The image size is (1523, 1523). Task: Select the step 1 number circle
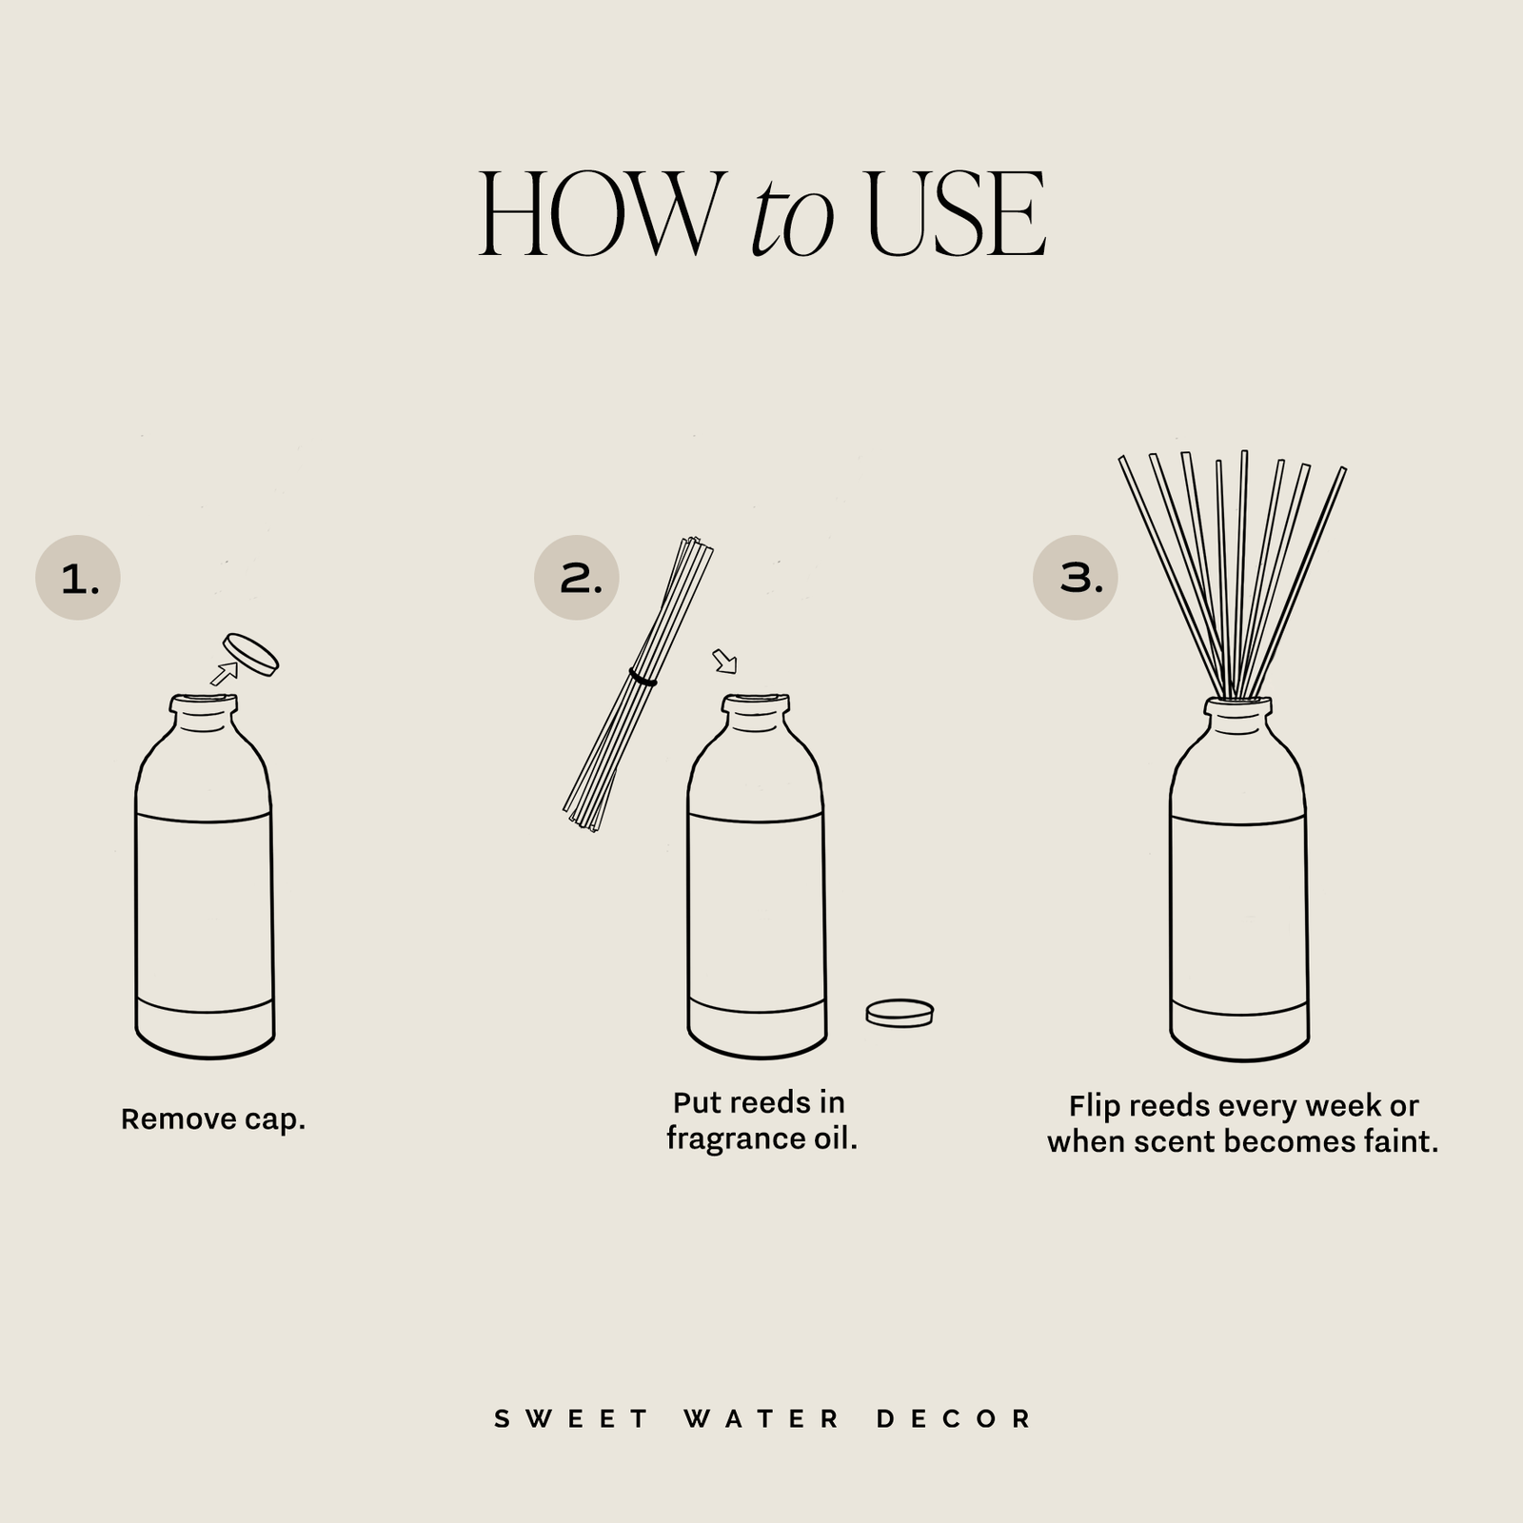coord(78,578)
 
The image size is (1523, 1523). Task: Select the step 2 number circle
coord(577,578)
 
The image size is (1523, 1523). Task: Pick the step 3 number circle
coord(1076,578)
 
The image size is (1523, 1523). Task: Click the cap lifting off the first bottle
coord(250,655)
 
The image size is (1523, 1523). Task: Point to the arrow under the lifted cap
coord(224,674)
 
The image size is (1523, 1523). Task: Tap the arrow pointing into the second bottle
coord(724,661)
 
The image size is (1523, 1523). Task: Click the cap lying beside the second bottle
coord(900,1013)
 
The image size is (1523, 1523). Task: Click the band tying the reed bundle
coord(643,679)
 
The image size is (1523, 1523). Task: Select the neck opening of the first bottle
coord(203,702)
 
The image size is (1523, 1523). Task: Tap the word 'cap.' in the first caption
coord(275,1119)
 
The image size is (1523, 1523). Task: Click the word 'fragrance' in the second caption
coord(727,1138)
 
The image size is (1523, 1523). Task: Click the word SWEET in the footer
coord(571,1419)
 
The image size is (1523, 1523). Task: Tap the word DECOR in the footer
coord(955,1419)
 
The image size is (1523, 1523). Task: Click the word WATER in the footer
coord(761,1419)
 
